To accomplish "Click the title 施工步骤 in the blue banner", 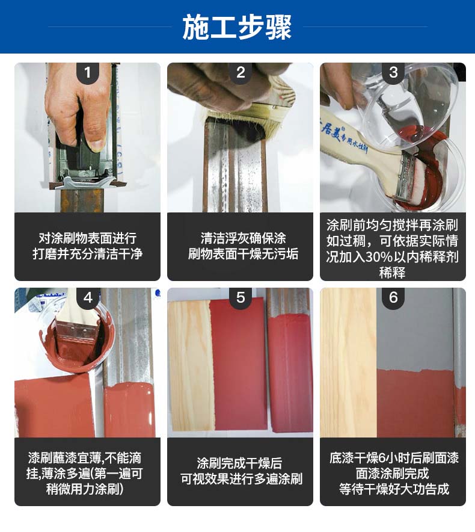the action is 237,27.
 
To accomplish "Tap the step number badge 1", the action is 88,72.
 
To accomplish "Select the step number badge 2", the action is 241,72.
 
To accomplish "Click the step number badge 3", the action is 393,72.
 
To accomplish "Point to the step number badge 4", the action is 88,297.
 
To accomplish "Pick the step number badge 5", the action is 241,297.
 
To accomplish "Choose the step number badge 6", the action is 393,297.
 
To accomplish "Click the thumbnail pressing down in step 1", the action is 97,144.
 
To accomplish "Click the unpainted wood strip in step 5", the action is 190,365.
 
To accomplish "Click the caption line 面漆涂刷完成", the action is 392,473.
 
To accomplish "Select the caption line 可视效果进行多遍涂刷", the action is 241,479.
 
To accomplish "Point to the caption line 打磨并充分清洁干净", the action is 87,254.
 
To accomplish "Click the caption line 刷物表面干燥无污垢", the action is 243,254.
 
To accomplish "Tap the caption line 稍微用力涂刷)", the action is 84,489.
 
